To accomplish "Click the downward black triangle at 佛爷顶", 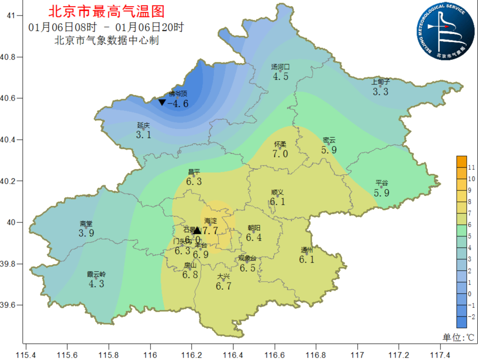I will point(162,103).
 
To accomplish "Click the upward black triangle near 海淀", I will point(197,230).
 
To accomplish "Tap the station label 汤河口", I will point(280,67).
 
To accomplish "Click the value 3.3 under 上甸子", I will point(380,92).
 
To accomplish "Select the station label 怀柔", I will point(280,144).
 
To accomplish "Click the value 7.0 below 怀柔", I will point(280,154).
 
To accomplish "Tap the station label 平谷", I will point(382,183).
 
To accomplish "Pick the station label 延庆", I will point(143,126).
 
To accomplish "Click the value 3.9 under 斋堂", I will point(86,233).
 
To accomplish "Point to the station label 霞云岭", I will point(96,274).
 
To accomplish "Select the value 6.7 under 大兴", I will point(224,286).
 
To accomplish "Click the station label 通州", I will point(306,249).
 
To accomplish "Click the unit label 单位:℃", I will point(459,337).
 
